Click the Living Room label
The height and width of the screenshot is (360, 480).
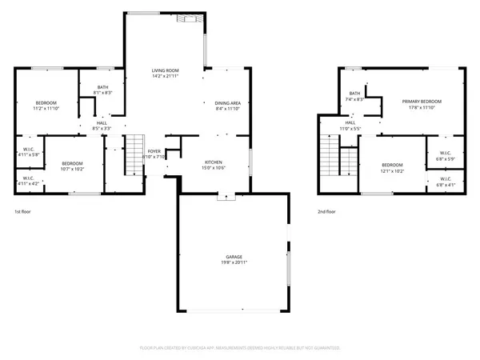(x=165, y=71)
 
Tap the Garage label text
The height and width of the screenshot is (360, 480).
(x=234, y=258)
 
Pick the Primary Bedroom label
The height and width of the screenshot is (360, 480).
(x=422, y=102)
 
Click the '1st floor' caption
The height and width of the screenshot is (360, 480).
(x=22, y=212)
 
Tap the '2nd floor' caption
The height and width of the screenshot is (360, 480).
(x=326, y=212)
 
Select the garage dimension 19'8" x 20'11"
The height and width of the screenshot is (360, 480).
(x=234, y=263)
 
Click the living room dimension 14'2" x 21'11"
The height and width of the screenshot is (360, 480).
(x=165, y=77)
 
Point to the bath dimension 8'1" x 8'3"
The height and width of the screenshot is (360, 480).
(x=103, y=93)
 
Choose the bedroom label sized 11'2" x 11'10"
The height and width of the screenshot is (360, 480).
(x=46, y=103)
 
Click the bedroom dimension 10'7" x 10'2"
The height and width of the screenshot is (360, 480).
(x=73, y=169)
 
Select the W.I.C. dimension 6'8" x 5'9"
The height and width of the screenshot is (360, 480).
(x=445, y=158)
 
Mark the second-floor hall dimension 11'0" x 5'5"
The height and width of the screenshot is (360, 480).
(x=350, y=128)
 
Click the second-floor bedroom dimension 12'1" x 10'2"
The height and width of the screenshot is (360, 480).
(x=392, y=170)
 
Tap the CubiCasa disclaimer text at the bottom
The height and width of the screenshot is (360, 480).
(x=240, y=348)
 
